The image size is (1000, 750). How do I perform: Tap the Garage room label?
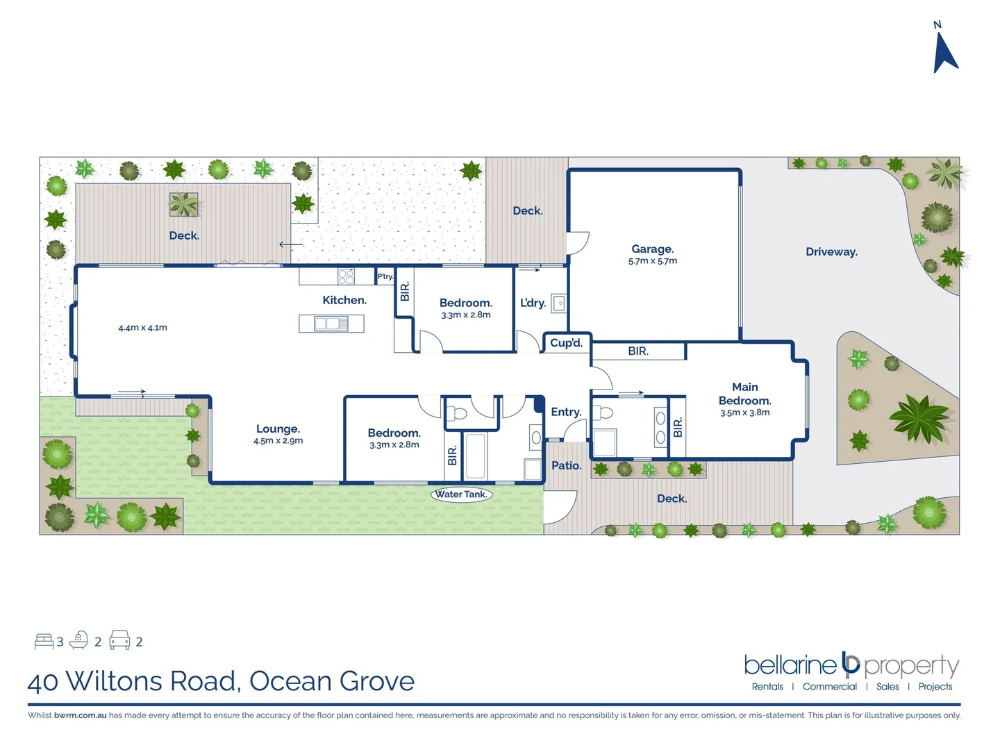click(x=652, y=249)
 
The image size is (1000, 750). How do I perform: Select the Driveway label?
click(x=831, y=251)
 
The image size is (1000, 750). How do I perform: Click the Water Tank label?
click(x=461, y=494)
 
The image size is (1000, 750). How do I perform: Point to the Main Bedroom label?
click(x=744, y=394)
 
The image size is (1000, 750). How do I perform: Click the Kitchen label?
click(x=344, y=300)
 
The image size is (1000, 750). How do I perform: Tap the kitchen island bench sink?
click(x=331, y=324)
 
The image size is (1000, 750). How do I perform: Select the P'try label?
click(x=385, y=276)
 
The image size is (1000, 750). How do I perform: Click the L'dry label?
click(x=533, y=303)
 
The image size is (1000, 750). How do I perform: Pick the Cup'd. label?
click(x=566, y=343)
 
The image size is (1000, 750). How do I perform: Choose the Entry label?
click(x=565, y=412)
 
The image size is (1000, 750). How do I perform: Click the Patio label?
click(x=566, y=465)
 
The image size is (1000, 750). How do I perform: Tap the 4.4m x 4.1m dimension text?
click(x=142, y=328)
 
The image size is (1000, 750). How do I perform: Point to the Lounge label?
click(x=278, y=429)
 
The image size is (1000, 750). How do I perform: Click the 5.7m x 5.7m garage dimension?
click(x=652, y=261)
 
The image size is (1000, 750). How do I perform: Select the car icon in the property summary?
click(x=120, y=640)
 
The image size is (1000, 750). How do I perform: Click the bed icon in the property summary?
click(x=44, y=641)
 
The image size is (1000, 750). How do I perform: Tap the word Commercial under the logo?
click(x=829, y=687)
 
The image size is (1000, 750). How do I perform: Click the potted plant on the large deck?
click(x=183, y=205)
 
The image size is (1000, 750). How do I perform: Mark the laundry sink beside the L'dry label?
click(x=559, y=303)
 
